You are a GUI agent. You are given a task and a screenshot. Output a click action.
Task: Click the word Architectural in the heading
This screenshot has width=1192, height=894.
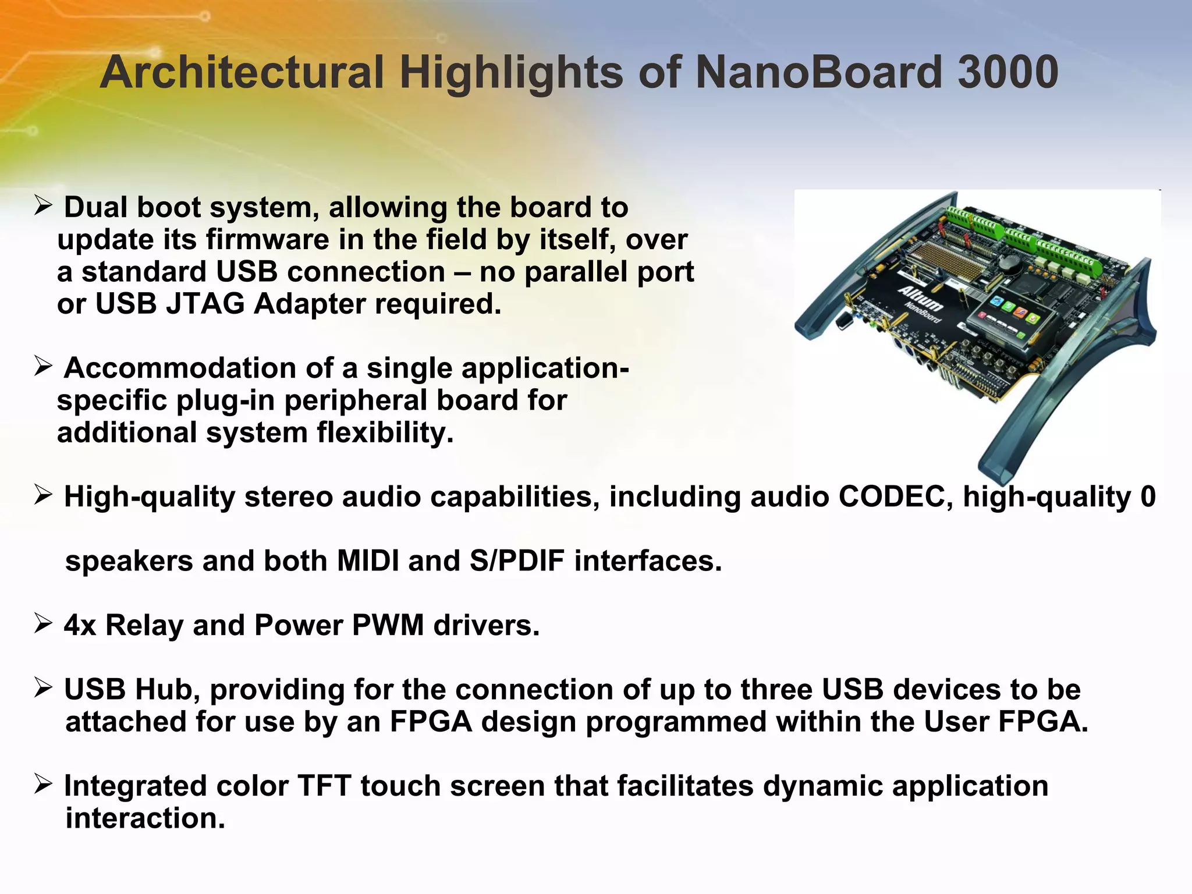tap(242, 72)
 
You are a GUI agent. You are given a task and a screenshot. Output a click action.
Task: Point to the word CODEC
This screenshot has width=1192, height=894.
tap(895, 496)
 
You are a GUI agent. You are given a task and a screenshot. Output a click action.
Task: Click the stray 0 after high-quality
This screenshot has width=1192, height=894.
tap(1148, 496)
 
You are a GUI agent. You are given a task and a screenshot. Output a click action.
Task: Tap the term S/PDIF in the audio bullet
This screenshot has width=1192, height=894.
tap(517, 561)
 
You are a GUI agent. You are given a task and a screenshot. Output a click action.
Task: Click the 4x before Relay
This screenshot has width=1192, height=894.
tap(80, 625)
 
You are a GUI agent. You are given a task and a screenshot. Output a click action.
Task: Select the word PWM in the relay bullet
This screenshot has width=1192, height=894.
tap(388, 625)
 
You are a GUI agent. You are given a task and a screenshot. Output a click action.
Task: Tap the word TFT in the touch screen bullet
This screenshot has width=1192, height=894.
tap(324, 786)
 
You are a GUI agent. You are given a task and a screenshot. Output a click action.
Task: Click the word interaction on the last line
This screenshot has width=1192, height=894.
tap(144, 818)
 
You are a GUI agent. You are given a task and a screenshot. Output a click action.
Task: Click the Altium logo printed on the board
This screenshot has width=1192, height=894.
tap(921, 298)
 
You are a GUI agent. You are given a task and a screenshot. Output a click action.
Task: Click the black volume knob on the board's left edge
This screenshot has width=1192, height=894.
tap(843, 321)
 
